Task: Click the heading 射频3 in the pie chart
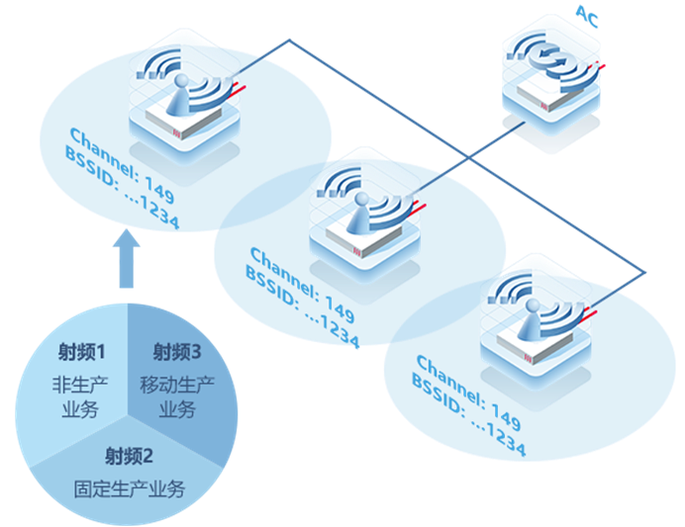[x=177, y=352]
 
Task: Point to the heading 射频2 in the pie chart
[x=130, y=456]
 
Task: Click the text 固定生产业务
[x=130, y=487]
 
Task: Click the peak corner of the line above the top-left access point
[x=289, y=41]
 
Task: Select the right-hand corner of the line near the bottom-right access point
[x=644, y=272]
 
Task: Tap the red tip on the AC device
[x=600, y=66]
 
